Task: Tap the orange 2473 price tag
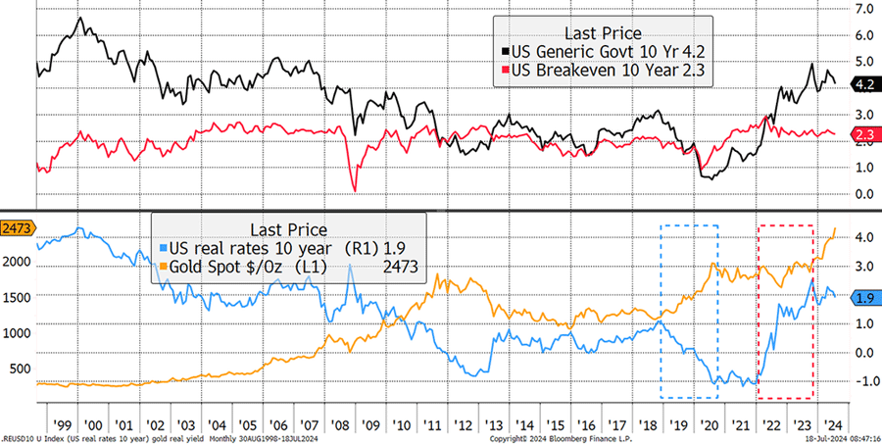click(x=17, y=228)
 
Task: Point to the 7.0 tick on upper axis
click(x=865, y=8)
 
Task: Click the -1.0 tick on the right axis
click(x=863, y=381)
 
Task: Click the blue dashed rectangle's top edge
click(x=689, y=224)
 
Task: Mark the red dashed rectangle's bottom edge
click(x=786, y=399)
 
